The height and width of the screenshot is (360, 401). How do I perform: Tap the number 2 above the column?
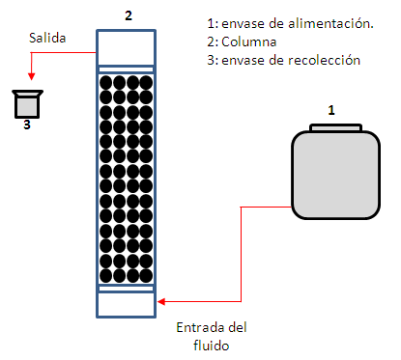click(x=128, y=16)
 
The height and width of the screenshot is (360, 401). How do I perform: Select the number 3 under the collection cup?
click(x=28, y=123)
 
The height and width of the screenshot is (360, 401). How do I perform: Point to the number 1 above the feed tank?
click(x=331, y=110)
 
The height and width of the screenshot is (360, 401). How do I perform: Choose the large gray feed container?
click(x=334, y=173)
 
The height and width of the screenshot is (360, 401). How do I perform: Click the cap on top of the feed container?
click(x=334, y=126)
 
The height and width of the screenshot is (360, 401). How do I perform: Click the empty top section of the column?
click(x=127, y=47)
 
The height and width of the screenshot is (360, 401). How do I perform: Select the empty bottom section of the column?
click(x=127, y=303)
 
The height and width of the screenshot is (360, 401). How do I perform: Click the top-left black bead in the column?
click(x=107, y=83)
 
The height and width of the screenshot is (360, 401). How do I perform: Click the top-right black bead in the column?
click(x=146, y=83)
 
